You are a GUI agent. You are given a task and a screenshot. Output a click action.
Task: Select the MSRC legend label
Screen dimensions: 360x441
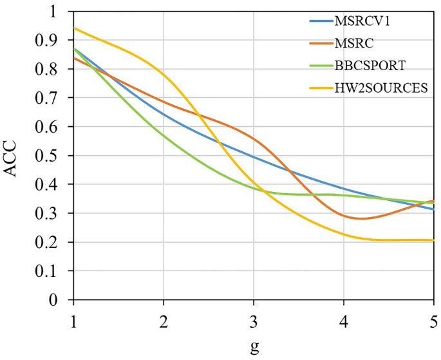pos(353,43)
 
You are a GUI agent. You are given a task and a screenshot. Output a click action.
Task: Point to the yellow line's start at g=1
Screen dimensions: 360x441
pos(74,28)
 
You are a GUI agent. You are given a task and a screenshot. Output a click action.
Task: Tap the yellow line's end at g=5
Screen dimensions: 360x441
pos(433,240)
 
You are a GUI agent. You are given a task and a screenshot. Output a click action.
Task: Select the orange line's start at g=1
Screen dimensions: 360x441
pos(74,58)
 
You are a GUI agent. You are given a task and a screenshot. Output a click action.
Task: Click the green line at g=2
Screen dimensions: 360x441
pos(164,135)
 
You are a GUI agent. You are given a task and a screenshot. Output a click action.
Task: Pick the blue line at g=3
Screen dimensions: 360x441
pos(254,157)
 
